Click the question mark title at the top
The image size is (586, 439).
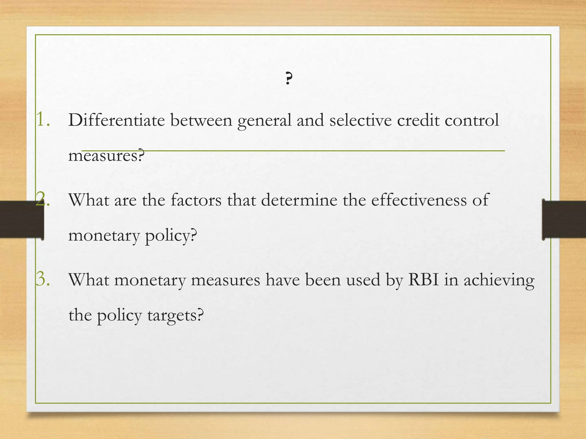tap(289, 78)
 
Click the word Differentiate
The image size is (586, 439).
tap(116, 120)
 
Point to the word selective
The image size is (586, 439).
tap(361, 120)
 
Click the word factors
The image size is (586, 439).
tap(196, 200)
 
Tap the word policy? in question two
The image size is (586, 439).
tap(171, 236)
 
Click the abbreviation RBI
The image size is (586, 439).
tap(423, 280)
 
